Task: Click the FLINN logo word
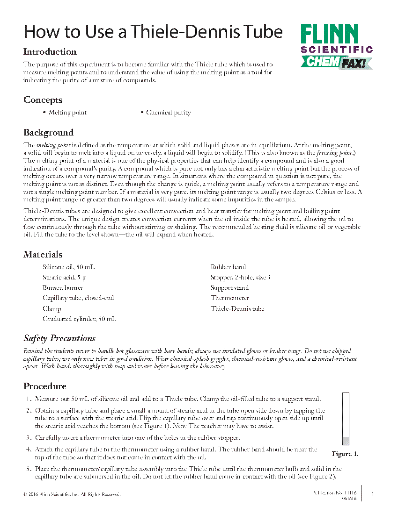click(x=329, y=35)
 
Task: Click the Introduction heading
click(x=50, y=52)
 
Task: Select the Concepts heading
click(x=43, y=100)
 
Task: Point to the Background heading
click(x=48, y=133)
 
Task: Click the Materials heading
click(x=43, y=255)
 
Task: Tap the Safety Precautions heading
click(x=59, y=338)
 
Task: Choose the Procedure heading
click(x=45, y=386)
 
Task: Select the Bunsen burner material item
click(x=63, y=288)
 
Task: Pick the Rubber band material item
click(x=228, y=267)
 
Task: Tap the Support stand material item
click(x=229, y=288)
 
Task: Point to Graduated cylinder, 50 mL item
click(x=79, y=319)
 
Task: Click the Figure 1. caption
click(x=345, y=454)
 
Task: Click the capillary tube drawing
click(x=346, y=419)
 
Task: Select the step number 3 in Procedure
click(x=29, y=438)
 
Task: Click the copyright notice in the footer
click(x=72, y=494)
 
